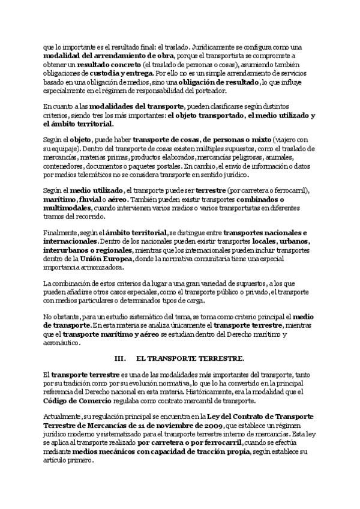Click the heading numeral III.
click(119, 358)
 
